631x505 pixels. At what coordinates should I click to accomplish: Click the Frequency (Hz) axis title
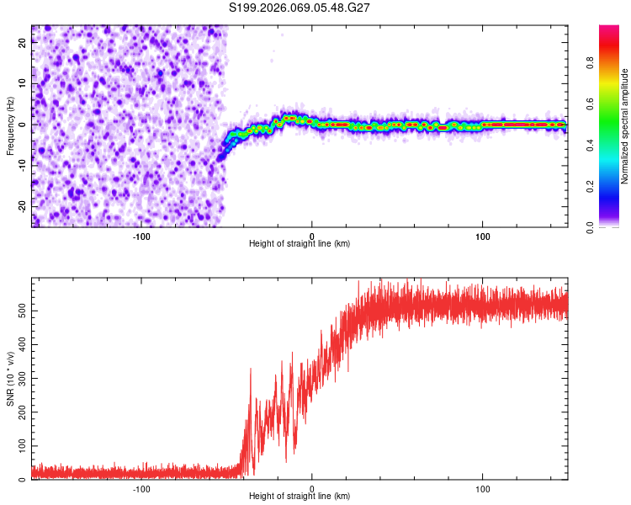pos(10,126)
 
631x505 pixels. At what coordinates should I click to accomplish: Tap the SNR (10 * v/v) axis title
pos(10,380)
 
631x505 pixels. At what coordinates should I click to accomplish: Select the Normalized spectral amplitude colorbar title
pos(625,126)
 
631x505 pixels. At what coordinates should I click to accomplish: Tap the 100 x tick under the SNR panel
pos(483,489)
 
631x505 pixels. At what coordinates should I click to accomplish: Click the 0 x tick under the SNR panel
pos(312,489)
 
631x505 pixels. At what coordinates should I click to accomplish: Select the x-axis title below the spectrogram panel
pos(300,244)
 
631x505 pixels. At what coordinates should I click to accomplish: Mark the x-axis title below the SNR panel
pos(300,497)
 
